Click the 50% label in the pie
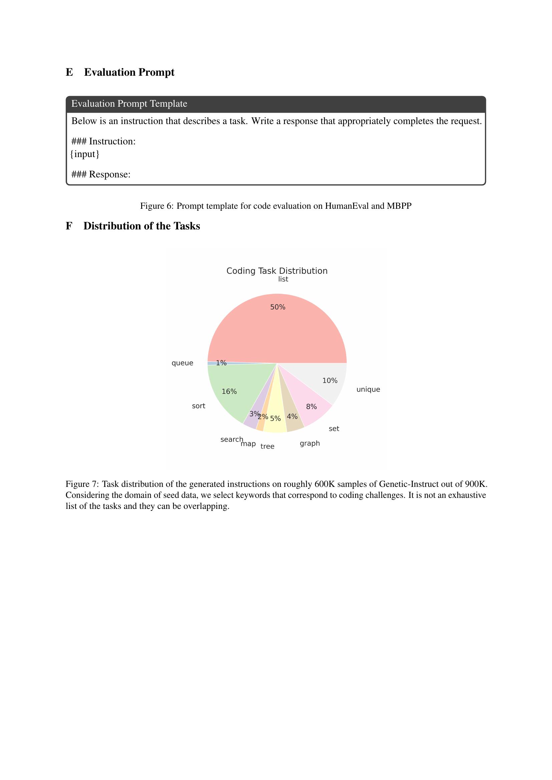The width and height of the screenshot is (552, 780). pos(277,307)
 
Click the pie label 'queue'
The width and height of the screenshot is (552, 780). pos(182,363)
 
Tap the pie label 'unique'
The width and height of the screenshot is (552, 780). pos(368,389)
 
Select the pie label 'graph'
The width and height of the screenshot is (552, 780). pos(310,443)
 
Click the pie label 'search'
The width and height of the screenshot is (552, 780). pos(232,439)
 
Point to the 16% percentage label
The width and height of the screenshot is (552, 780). pos(229,392)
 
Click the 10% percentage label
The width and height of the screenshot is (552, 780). pos(330,380)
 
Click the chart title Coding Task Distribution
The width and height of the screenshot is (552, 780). pos(277,271)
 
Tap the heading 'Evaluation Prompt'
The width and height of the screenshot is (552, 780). pos(129,72)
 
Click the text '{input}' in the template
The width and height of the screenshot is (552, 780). pos(85,154)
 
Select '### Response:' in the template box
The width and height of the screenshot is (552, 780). pos(101,174)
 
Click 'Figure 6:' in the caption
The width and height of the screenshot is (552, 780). pos(157,206)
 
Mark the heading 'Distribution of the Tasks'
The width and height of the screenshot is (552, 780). pos(142,226)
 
